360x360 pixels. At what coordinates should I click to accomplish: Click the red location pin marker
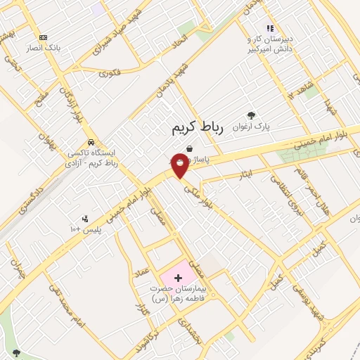click(180, 166)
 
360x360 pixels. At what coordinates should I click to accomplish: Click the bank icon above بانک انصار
click(44, 37)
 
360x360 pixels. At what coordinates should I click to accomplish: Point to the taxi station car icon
click(91, 141)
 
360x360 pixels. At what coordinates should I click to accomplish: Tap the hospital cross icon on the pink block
click(178, 278)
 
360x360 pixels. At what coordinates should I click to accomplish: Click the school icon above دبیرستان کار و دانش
click(269, 29)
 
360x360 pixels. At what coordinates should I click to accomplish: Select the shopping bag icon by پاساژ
click(190, 149)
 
